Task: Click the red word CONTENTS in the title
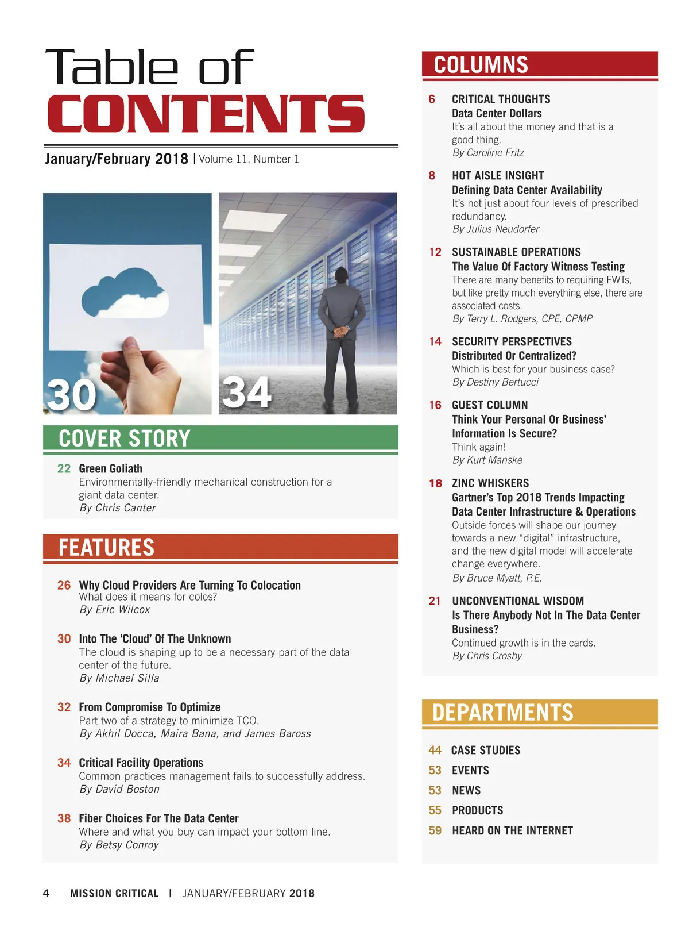coord(206,114)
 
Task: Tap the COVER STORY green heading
coord(124,439)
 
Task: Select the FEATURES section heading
coord(107,548)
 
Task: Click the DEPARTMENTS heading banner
coord(502,713)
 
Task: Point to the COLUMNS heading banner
coord(481,65)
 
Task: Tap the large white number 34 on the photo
coord(246,393)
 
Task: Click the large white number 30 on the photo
coord(72,395)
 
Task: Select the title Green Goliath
coord(110,469)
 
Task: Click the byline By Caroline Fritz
coord(488,153)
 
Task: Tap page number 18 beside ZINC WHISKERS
coord(435,483)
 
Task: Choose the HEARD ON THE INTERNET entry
coord(512,830)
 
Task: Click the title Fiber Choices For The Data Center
coord(158,818)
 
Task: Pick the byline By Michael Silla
coord(119,678)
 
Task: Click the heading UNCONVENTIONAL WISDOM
coord(518,601)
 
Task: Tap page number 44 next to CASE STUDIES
coord(435,751)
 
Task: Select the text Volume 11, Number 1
coord(249,160)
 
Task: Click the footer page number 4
coord(46,893)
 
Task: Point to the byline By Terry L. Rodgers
coord(522,319)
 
